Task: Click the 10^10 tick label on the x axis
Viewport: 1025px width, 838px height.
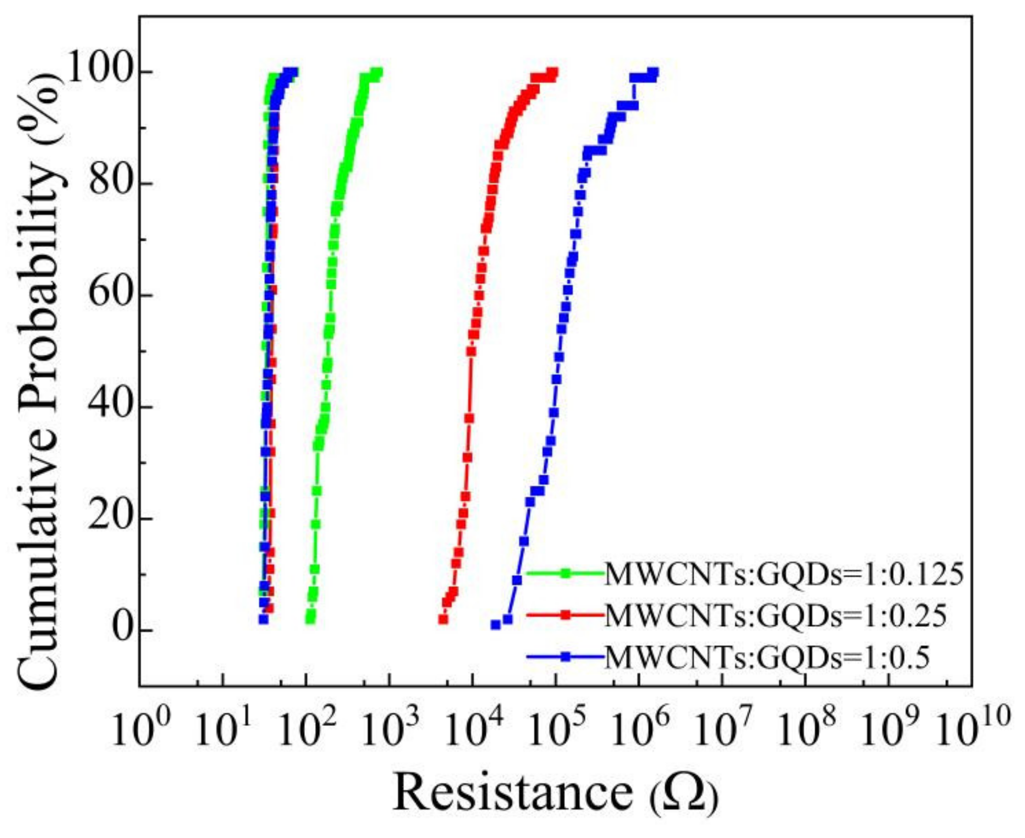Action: tap(972, 730)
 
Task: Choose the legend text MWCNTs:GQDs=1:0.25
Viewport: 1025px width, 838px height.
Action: tap(775, 615)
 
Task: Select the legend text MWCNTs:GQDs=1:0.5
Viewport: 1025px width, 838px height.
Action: tap(767, 657)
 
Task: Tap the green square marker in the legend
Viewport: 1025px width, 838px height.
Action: tap(566, 573)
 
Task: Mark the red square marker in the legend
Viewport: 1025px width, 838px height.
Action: tap(566, 615)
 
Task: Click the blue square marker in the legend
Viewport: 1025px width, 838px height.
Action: tap(566, 657)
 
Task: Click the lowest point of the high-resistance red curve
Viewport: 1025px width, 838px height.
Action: tap(443, 619)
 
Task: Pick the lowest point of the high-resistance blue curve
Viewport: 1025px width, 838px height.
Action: tap(495, 625)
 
